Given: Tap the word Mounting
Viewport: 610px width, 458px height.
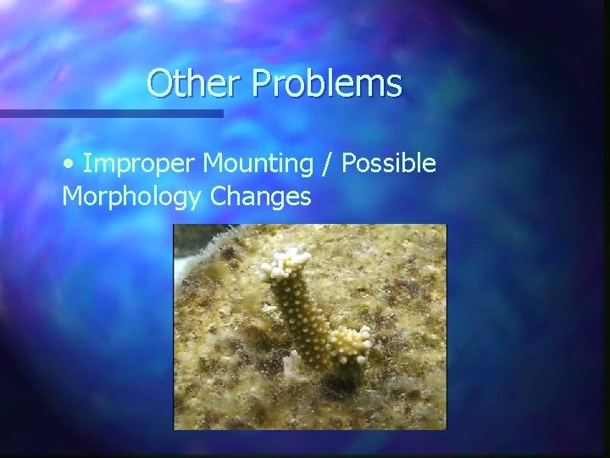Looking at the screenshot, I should [x=266, y=164].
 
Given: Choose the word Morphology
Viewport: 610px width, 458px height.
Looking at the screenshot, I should [x=131, y=197].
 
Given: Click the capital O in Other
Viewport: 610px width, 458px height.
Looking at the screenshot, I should [x=158, y=84].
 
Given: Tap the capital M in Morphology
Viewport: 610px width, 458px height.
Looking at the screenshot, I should [x=73, y=197].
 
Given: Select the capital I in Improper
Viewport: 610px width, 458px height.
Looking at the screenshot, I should [x=87, y=164].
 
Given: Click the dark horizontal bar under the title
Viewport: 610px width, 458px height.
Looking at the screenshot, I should [x=110, y=113].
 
